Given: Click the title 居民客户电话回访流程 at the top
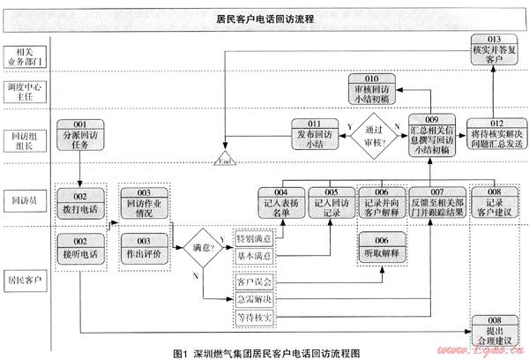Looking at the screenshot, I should point(265,17).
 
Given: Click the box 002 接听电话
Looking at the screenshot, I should point(80,247).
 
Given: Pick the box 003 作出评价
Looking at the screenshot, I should point(144,247).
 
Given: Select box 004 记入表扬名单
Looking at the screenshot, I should point(282,203).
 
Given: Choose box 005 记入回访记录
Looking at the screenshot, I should point(332,203).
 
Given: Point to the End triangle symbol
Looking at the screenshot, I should point(226,160).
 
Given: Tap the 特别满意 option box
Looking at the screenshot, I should point(255,239).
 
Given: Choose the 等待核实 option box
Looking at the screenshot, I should point(255,315).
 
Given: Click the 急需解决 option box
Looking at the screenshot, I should point(255,297).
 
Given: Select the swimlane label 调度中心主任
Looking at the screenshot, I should point(26,94).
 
